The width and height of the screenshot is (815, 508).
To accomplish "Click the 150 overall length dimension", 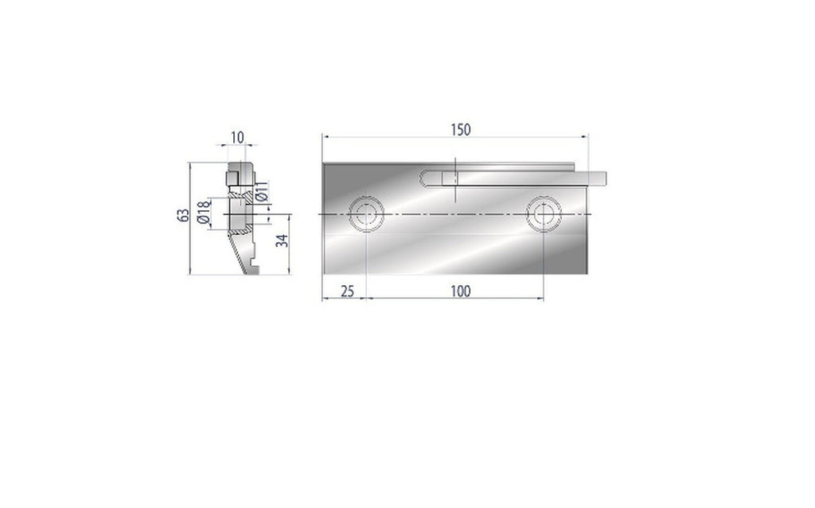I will click(459, 129).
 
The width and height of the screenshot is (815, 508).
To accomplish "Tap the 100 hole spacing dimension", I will click(460, 291).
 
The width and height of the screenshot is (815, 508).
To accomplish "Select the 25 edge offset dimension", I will click(347, 291).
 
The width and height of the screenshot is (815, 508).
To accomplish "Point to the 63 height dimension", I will click(183, 216).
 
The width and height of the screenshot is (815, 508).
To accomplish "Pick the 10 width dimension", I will click(237, 138).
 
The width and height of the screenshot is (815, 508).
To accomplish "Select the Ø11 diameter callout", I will click(262, 191).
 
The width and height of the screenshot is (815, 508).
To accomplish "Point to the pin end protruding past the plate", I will click(598, 178).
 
